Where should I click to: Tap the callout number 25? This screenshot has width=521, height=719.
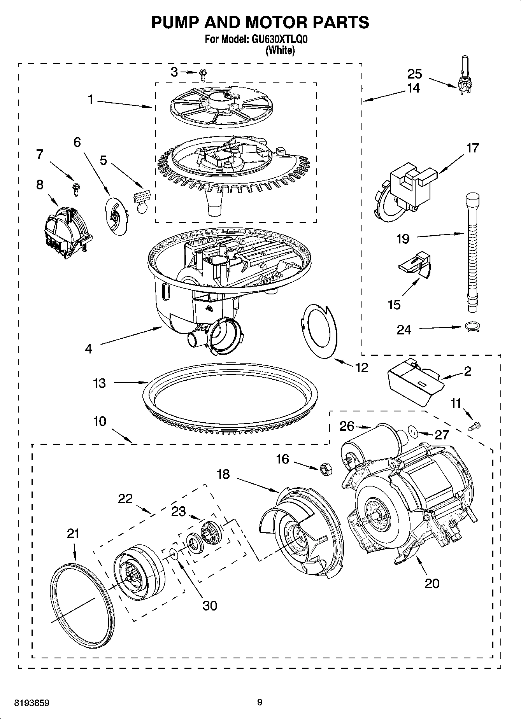pos(415,73)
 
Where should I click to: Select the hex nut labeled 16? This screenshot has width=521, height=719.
pos(325,469)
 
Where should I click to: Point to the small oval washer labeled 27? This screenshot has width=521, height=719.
pos(413,431)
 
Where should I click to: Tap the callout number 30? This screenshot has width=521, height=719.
pos(210,605)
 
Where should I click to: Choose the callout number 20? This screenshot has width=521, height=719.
pos(432,583)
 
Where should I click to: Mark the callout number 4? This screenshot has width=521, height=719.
pos(89,349)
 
